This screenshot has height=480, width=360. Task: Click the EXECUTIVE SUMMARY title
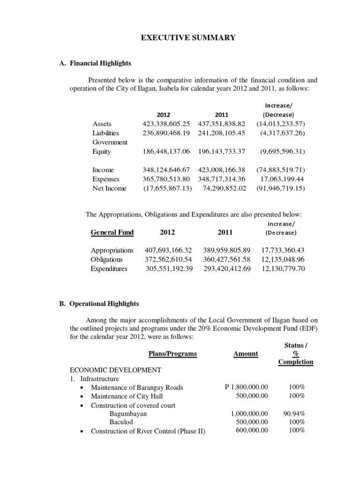pyautogui.click(x=188, y=37)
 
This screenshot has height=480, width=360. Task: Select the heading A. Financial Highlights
pyautogui.click(x=96, y=63)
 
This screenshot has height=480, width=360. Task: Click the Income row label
pyautogui.click(x=103, y=170)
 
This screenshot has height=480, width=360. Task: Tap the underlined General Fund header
pyautogui.click(x=112, y=232)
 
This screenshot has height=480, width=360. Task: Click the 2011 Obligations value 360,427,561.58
pyautogui.click(x=227, y=259)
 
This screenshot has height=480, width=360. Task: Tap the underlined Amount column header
pyautogui.click(x=246, y=353)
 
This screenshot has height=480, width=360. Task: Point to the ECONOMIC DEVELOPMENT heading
pyautogui.click(x=115, y=370)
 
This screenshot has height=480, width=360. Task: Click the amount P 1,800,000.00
pyautogui.click(x=246, y=387)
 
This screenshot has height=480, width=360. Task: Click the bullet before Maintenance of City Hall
pyautogui.click(x=82, y=397)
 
